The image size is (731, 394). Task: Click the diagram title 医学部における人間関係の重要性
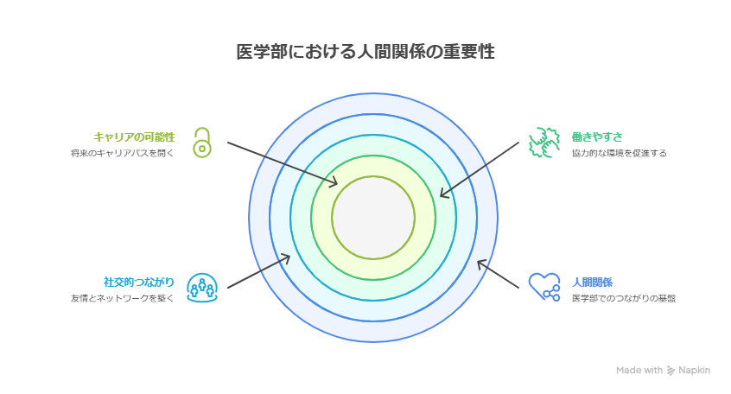365,52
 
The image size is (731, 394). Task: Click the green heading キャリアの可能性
134,137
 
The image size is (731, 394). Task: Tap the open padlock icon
201,143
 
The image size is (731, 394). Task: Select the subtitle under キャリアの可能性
123,154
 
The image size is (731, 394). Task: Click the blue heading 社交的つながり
139,282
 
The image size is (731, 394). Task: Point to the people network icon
201,288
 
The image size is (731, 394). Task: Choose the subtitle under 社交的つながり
123,299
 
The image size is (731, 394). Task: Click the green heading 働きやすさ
596,137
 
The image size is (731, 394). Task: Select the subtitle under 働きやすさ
619,154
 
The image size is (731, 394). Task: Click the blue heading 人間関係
592,282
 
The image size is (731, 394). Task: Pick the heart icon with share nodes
543,287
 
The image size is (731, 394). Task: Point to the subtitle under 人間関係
623,299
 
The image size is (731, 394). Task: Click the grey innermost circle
373,217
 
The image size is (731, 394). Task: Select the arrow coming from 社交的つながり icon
257,272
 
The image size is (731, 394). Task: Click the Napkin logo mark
671,370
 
